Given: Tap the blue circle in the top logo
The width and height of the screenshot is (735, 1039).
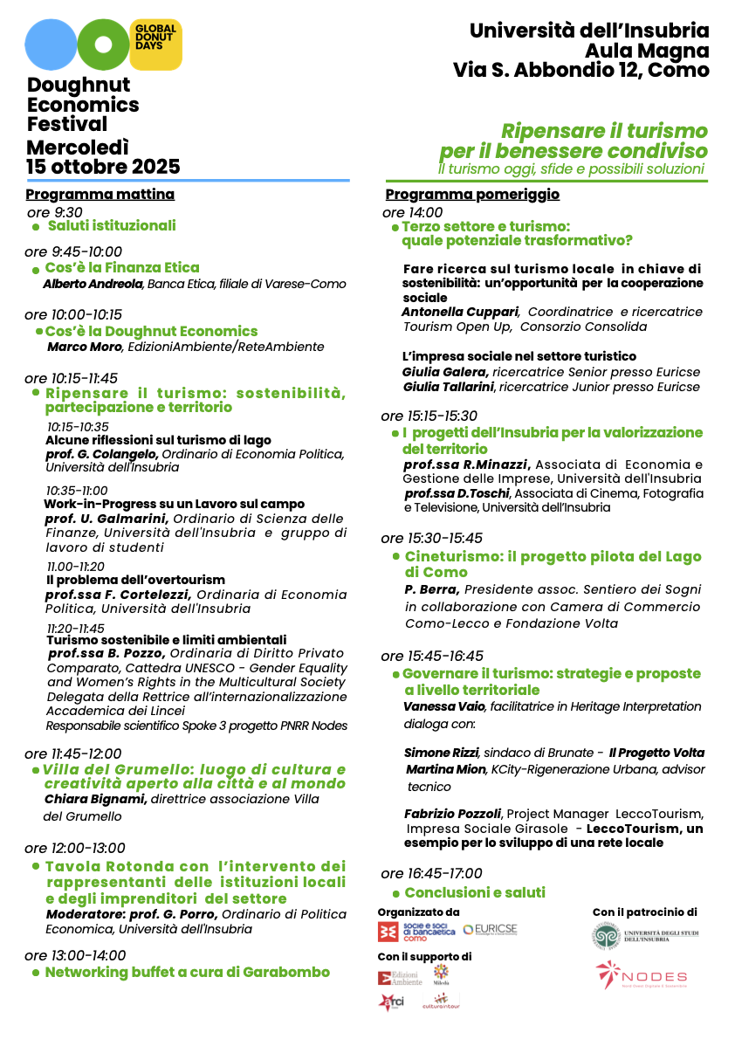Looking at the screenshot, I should [51, 45].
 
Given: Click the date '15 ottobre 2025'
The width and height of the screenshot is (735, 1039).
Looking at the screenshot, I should [103, 167].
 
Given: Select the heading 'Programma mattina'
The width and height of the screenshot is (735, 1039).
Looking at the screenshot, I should [100, 195].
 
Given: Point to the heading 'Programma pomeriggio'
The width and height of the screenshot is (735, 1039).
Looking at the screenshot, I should [472, 195].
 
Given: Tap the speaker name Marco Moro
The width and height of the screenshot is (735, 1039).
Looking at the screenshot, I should [85, 347].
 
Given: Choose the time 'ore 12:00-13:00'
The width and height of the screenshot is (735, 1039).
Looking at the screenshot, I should [75, 848].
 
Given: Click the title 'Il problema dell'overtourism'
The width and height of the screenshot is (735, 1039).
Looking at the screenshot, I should [135, 580].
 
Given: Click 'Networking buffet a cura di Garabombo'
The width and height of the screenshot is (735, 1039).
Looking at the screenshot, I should [187, 972].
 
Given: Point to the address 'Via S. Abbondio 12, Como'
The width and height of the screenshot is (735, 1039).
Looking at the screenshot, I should [580, 72].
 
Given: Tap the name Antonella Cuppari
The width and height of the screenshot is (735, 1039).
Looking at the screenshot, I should [460, 312].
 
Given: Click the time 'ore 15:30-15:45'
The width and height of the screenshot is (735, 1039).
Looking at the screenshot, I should [432, 538].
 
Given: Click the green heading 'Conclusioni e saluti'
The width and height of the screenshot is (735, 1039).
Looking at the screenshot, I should [475, 892].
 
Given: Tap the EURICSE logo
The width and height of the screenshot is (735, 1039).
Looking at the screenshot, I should [491, 930].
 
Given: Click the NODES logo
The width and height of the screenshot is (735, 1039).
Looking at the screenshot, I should [642, 976].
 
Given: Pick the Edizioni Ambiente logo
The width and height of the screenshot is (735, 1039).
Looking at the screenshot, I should [400, 978].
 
